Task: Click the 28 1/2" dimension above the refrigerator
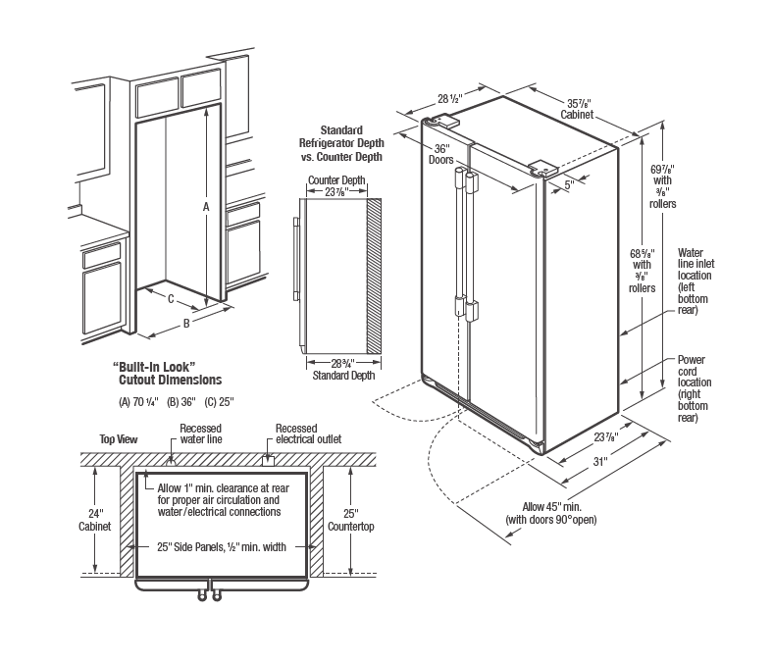[x=449, y=98]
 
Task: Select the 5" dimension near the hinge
[x=568, y=182]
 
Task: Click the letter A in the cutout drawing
[x=205, y=207]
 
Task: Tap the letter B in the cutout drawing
[x=186, y=322]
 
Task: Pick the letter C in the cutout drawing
[x=171, y=299]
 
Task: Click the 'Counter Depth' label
[x=336, y=180]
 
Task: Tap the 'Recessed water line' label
[x=201, y=433]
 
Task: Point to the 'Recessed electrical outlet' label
[x=308, y=433]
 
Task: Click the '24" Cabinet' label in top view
[x=95, y=519]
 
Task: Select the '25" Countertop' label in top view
[x=360, y=519]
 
